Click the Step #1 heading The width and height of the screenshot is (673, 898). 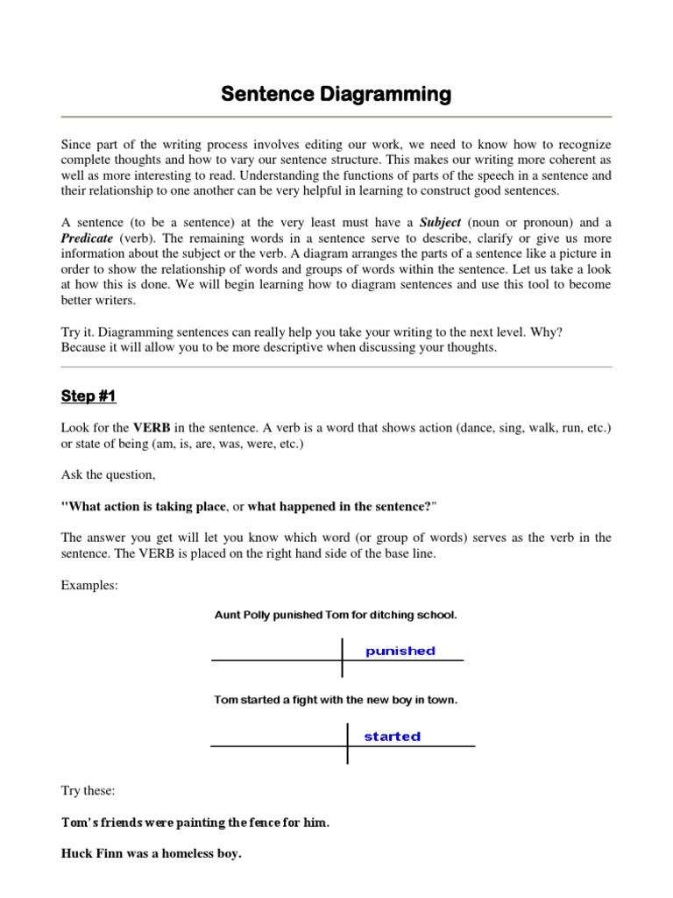(89, 396)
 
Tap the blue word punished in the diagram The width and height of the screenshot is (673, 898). (400, 651)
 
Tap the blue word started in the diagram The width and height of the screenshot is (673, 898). (392, 737)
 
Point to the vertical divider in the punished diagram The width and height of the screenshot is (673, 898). (342, 658)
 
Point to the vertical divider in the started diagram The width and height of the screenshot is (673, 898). (348, 744)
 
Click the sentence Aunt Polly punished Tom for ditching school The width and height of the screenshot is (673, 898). (336, 616)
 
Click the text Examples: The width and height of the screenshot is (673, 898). (89, 585)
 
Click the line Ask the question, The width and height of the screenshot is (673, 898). (109, 474)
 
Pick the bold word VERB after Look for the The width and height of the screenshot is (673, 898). (152, 427)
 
